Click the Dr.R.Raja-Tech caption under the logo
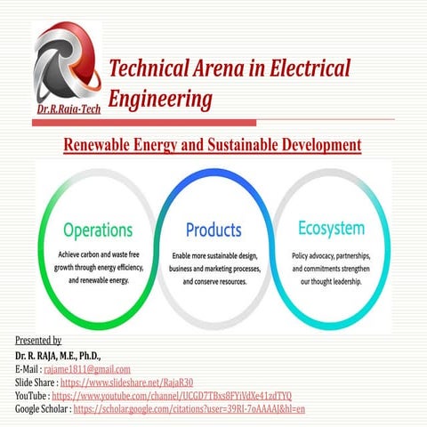pyautogui.click(x=69, y=110)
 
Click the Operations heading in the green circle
pyautogui.click(x=97, y=229)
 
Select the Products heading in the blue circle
pyautogui.click(x=213, y=230)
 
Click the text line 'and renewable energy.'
pyautogui.click(x=99, y=279)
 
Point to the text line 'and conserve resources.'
pyautogui.click(x=213, y=281)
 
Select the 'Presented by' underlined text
pyautogui.click(x=38, y=341)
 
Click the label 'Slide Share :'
pyautogui.click(x=36, y=382)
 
